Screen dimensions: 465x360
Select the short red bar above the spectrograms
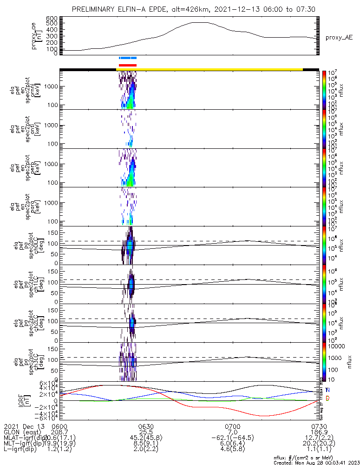click(x=128, y=65)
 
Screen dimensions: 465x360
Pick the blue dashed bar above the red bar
click(x=128, y=58)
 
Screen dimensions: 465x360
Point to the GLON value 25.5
click(x=146, y=432)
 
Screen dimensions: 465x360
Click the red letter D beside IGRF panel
click(x=327, y=399)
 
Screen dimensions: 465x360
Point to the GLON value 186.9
click(x=318, y=432)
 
